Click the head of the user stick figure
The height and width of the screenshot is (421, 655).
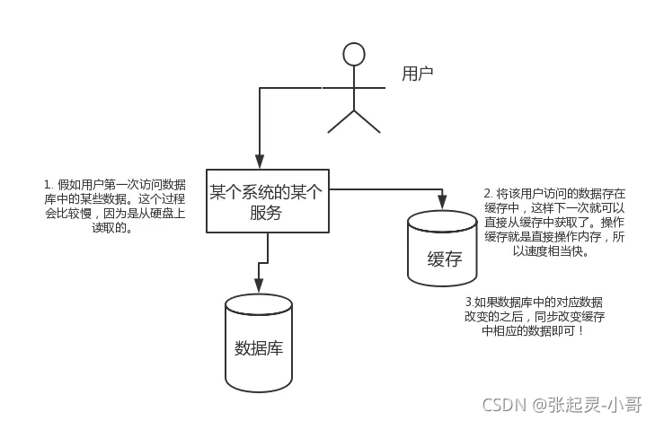tap(355, 54)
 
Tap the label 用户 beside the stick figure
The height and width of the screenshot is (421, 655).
tap(418, 74)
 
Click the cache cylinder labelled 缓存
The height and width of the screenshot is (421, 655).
tap(442, 250)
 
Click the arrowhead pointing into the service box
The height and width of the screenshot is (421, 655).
tap(260, 162)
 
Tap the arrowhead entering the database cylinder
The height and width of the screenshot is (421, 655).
tap(259, 286)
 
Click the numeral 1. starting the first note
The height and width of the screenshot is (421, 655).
tap(49, 184)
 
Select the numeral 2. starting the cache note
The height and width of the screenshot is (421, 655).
tap(488, 193)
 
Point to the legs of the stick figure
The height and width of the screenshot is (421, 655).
tap(354, 121)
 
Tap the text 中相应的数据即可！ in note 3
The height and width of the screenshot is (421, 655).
tap(533, 330)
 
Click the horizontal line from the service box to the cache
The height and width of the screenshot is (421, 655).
tap(386, 189)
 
